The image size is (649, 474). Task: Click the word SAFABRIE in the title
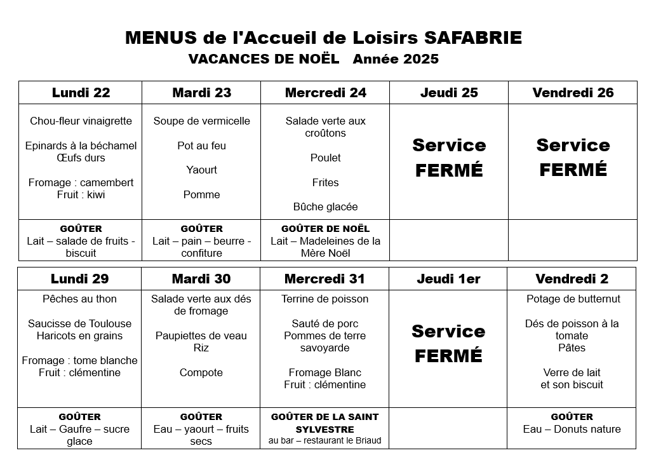coord(472,38)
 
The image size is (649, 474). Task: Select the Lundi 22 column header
coord(81,93)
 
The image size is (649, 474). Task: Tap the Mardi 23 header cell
coord(201,93)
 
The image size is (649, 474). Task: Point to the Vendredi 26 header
coord(573,93)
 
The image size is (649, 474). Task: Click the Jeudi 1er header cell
coord(448,279)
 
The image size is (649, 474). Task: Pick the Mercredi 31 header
coord(324,279)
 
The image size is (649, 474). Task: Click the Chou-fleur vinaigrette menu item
coord(81,121)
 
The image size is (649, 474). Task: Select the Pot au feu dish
coord(201,146)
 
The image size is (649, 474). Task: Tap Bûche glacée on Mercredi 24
coord(325,207)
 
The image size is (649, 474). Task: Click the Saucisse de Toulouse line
coord(80,323)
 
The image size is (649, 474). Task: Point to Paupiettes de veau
coord(201,335)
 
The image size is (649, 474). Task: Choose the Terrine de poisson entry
coord(324,299)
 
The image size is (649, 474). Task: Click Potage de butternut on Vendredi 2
coord(573,299)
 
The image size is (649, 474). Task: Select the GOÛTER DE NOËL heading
coord(325,229)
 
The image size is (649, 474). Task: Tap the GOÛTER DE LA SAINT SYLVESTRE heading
coord(324,423)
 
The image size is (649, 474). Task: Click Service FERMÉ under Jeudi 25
coord(449,158)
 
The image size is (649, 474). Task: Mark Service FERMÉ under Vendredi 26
coord(573,158)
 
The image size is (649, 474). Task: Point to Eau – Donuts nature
coord(572,429)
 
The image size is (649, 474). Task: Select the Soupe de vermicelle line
coord(201,121)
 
